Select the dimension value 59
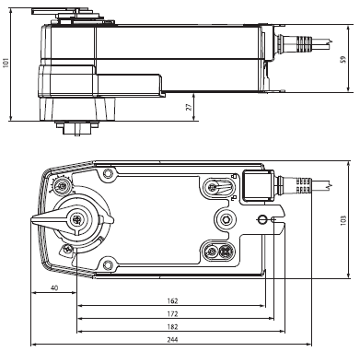coord(343,59)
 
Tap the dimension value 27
coord(190,107)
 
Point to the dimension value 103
coord(343,220)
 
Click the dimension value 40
coord(54,288)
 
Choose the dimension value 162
coord(172,301)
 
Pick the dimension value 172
coord(172,314)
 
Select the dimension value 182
coord(172,327)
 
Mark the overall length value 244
coord(172,340)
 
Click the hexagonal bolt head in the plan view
coord(226,219)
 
